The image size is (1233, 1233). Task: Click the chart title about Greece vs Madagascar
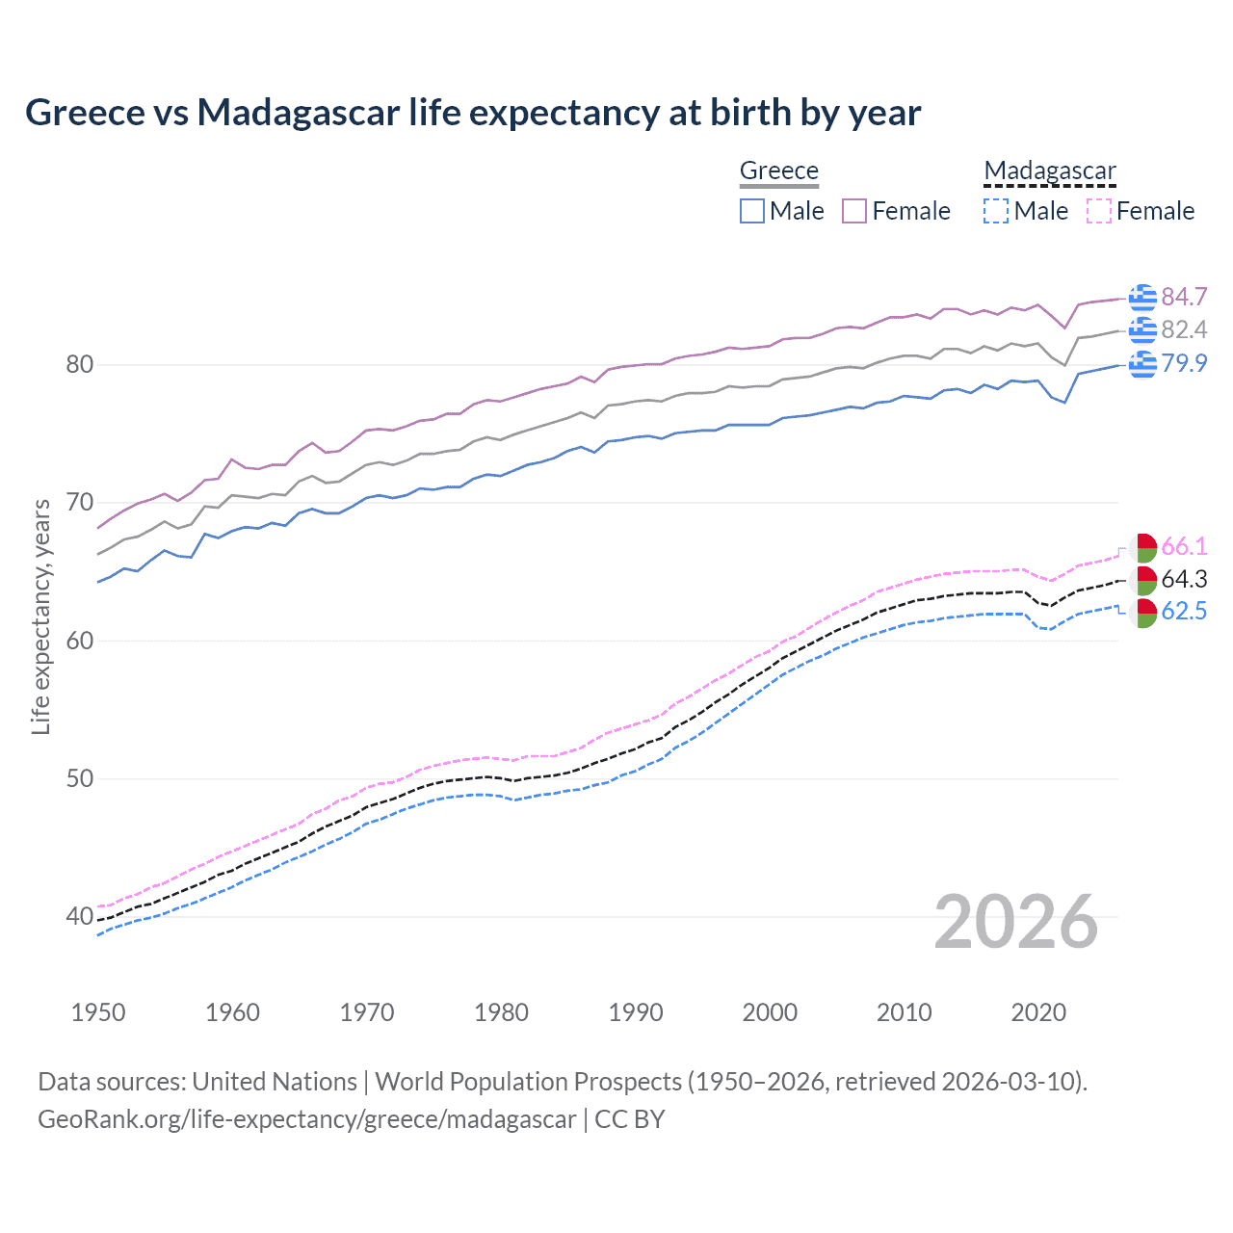click(473, 113)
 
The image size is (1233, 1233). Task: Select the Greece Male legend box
click(752, 211)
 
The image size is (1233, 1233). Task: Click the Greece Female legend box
click(855, 211)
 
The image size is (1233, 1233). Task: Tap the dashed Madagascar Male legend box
click(996, 211)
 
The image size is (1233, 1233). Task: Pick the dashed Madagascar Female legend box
click(1099, 211)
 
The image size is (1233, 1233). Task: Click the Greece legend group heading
click(778, 171)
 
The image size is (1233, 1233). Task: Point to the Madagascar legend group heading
click(1050, 171)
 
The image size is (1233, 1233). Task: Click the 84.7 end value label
click(1184, 297)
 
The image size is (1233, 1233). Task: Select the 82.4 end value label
click(1184, 329)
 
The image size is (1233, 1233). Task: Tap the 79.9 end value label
click(1184, 363)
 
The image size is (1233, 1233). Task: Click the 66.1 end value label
click(1184, 546)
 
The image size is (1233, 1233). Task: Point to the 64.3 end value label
click(1184, 579)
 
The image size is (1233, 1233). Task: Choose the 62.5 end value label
click(1184, 612)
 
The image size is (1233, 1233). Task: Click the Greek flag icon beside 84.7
click(1142, 298)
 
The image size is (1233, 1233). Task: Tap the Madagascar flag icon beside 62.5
click(1143, 613)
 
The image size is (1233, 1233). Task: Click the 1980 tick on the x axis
click(501, 1012)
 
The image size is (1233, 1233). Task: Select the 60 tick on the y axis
click(80, 641)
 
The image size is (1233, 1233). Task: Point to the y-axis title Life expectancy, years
click(40, 616)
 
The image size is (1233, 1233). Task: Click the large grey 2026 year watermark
click(1016, 922)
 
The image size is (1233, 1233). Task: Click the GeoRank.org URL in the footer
click(306, 1119)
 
